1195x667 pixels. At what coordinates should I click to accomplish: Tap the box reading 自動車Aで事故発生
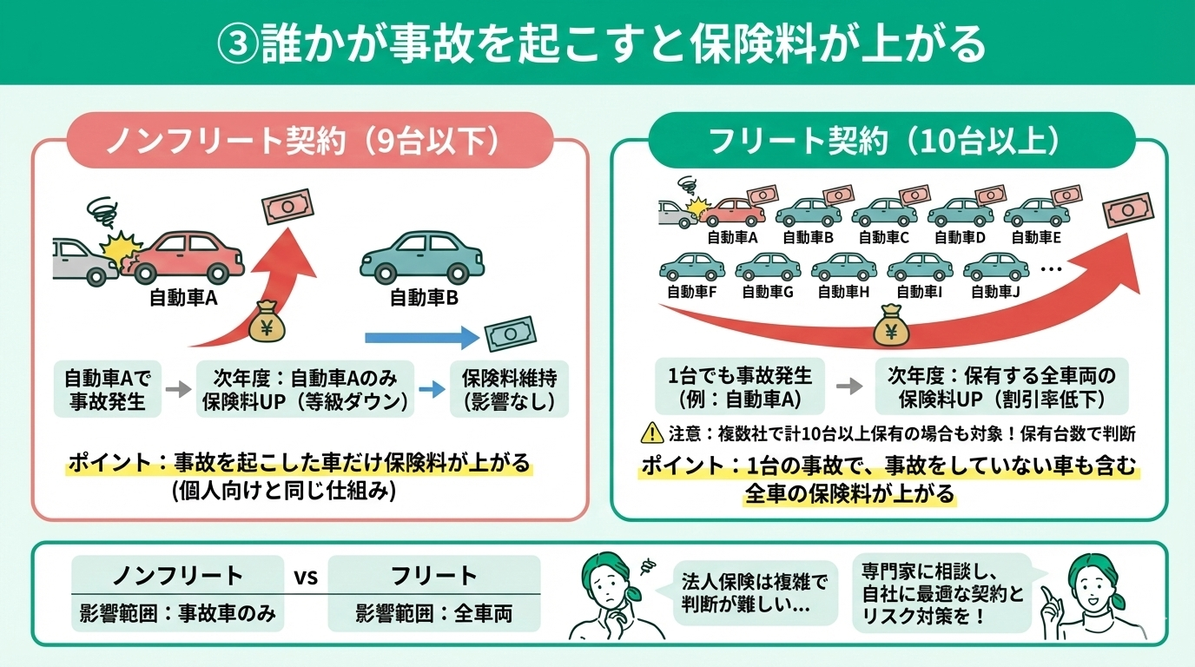pyautogui.click(x=108, y=390)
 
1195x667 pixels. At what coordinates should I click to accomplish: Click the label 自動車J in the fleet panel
pyautogui.click(x=995, y=292)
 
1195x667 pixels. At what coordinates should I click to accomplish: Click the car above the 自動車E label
pyautogui.click(x=1033, y=212)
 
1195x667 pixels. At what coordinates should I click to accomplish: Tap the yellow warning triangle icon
pyautogui.click(x=650, y=432)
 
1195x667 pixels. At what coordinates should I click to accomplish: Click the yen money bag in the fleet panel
pyautogui.click(x=895, y=328)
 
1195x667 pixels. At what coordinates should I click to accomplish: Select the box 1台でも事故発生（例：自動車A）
pyautogui.click(x=735, y=387)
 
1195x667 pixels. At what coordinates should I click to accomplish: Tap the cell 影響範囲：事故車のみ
pyautogui.click(x=177, y=613)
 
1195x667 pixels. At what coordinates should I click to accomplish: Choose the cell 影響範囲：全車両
pyautogui.click(x=434, y=613)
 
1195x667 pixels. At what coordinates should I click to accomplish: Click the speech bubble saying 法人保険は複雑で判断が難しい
pyautogui.click(x=755, y=592)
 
